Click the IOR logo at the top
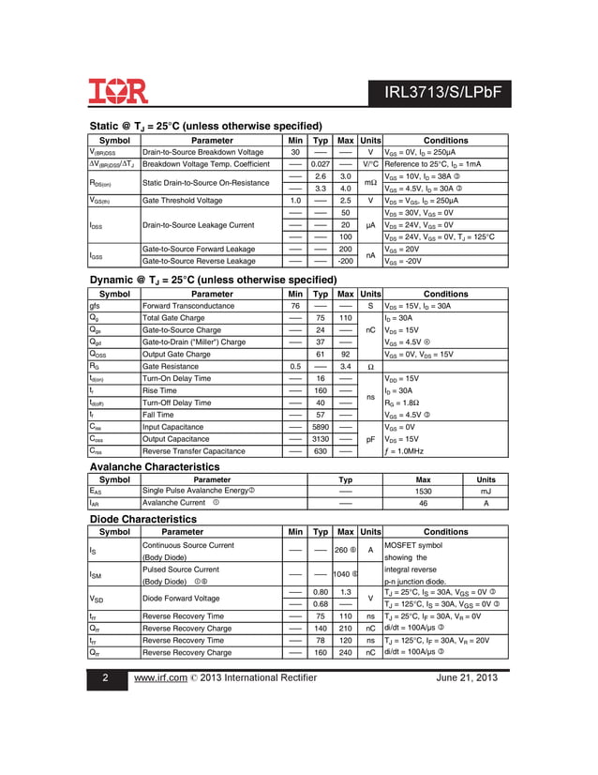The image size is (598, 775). tap(118, 91)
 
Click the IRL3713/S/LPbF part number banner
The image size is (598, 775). tap(441, 93)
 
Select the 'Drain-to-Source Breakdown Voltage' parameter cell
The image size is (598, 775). tap(202, 152)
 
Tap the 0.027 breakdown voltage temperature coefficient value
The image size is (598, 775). tap(320, 164)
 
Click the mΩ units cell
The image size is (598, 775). tap(370, 182)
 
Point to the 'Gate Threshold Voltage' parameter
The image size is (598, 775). tap(183, 201)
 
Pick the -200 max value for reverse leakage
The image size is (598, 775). tap(345, 262)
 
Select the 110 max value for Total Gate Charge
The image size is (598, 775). tap(345, 318)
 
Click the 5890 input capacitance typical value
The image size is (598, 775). tap(320, 427)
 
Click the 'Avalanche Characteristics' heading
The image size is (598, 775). tap(154, 467)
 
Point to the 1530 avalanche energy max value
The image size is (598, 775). tap(423, 491)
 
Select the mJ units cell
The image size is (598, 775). tap(486, 491)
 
